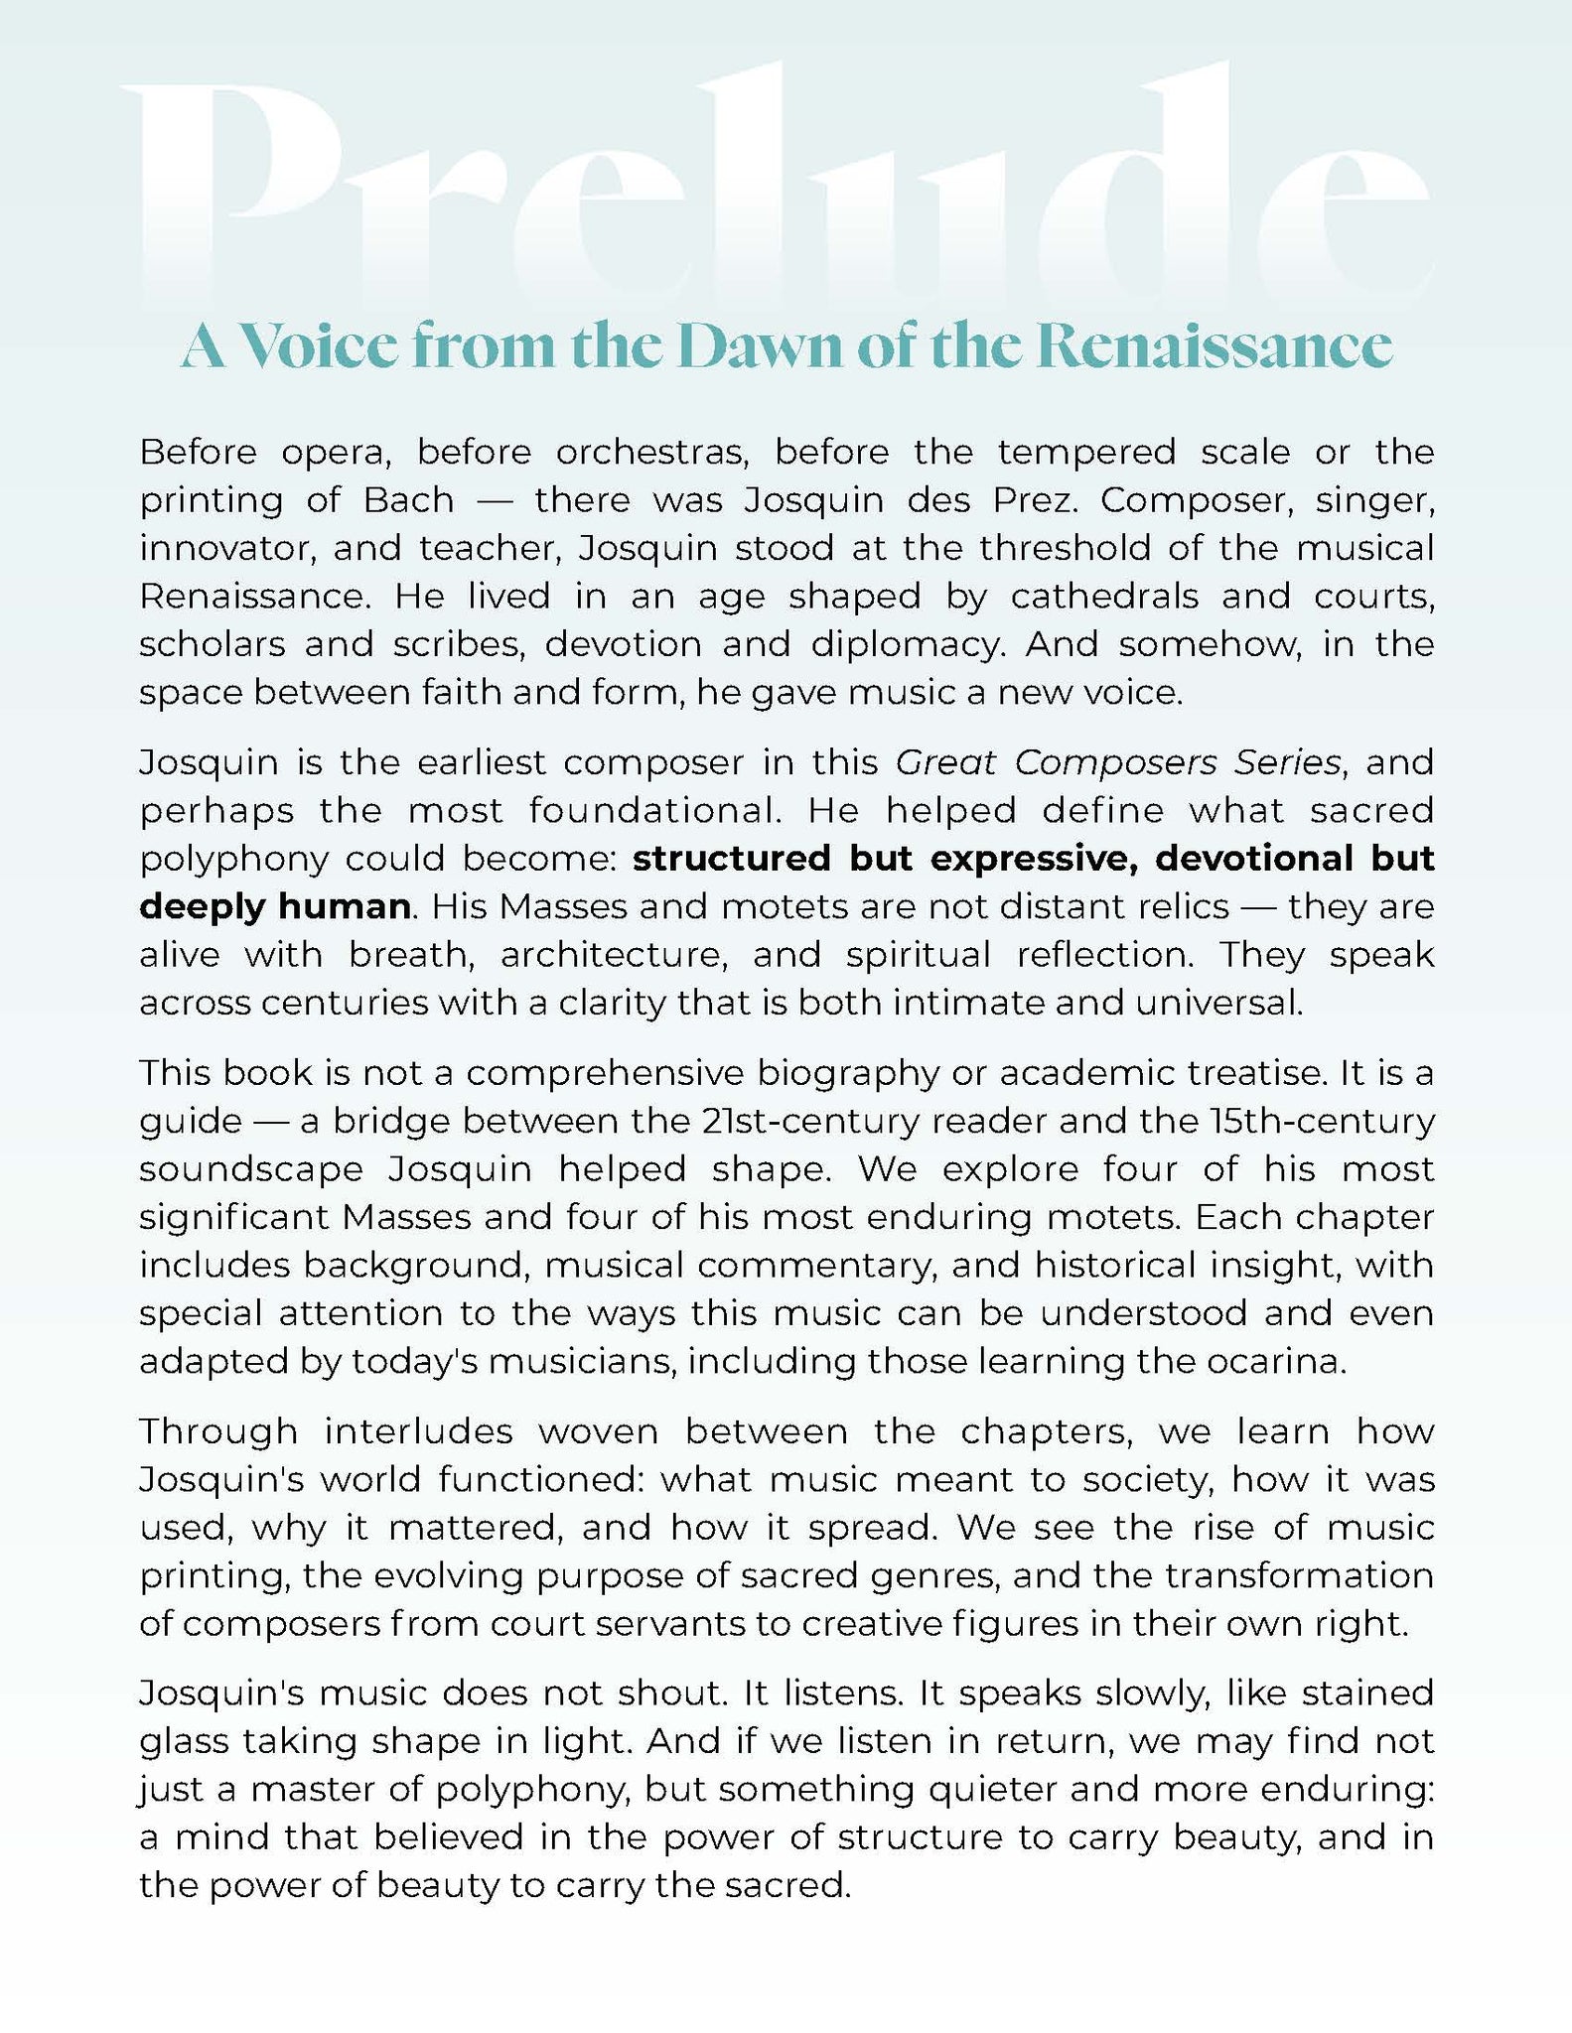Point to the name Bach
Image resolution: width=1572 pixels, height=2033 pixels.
[408, 499]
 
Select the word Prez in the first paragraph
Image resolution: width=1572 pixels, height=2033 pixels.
[1033, 499]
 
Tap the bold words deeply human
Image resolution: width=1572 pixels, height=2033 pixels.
[274, 906]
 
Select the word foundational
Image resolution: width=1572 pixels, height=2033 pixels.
[654, 810]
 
